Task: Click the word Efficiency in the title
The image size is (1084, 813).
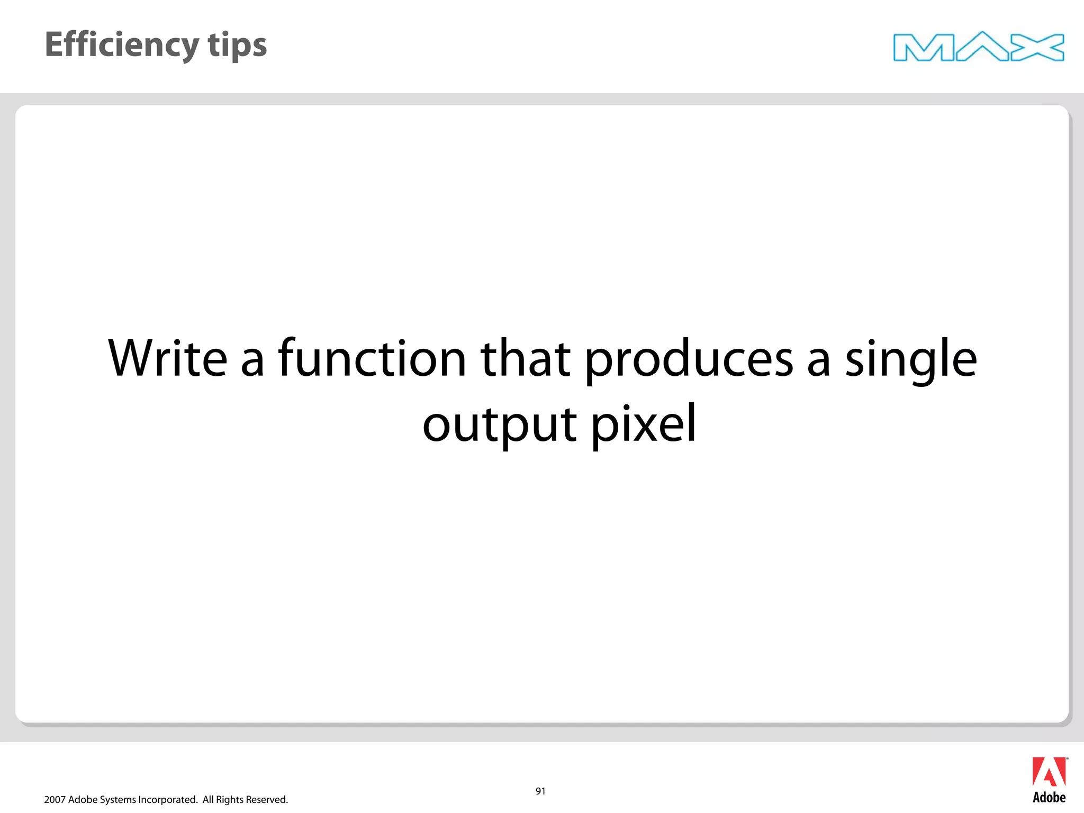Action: coord(122,45)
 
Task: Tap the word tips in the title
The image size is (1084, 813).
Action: coord(238,45)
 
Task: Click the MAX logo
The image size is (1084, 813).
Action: coord(978,47)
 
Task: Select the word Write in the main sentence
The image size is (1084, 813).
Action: coord(168,359)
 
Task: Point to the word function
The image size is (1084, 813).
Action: coord(372,359)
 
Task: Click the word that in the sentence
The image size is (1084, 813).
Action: coord(525,359)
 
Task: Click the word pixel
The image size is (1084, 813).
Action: coord(643,423)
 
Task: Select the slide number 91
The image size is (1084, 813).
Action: coord(540,791)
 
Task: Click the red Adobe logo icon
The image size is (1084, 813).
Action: coord(1049,772)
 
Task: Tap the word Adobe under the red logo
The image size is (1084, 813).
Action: coord(1049,798)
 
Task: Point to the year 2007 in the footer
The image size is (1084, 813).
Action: coord(55,800)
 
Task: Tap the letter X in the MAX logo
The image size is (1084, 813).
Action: coord(1037,48)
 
